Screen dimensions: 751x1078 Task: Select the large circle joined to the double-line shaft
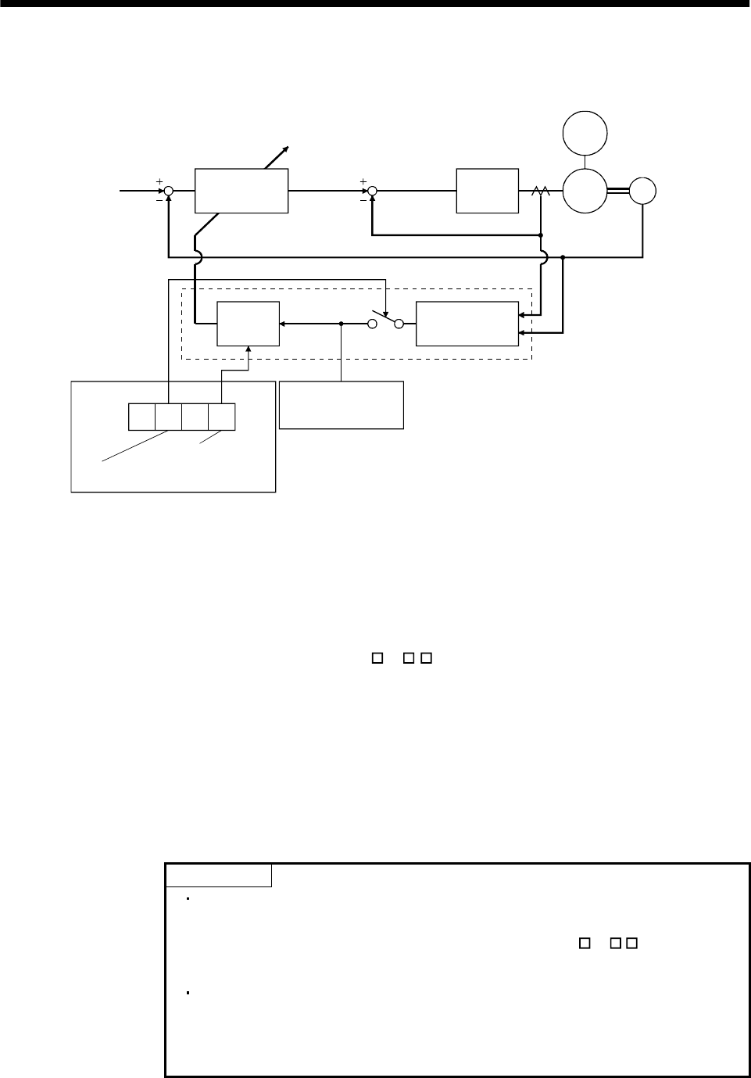[585, 190]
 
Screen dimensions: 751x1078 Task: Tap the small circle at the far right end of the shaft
[643, 190]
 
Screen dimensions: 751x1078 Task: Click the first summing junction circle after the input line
[169, 190]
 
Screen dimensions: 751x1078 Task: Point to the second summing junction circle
[372, 190]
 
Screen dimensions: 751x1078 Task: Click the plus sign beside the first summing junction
[159, 181]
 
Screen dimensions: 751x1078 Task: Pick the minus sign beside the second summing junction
[363, 199]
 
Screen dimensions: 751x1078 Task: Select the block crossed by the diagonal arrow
[241, 190]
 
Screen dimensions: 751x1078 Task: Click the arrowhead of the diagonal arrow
[288, 149]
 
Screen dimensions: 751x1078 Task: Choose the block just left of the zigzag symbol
[488, 190]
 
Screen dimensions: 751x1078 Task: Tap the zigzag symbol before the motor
[540, 191]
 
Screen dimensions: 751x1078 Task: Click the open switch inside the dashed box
[386, 320]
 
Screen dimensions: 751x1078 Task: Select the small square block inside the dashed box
[248, 323]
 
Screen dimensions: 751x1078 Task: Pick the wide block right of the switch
[467, 323]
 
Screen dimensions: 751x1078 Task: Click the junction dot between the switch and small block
[342, 323]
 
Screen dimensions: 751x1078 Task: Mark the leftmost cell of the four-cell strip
[141, 417]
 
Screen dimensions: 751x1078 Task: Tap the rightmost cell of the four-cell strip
[222, 417]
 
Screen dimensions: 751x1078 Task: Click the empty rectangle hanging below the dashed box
[342, 405]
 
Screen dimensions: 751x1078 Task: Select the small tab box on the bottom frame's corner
[219, 876]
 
